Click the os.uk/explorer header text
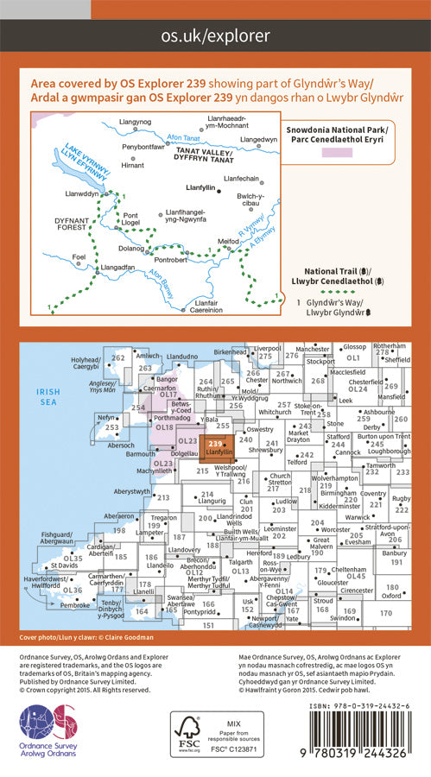(215, 36)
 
